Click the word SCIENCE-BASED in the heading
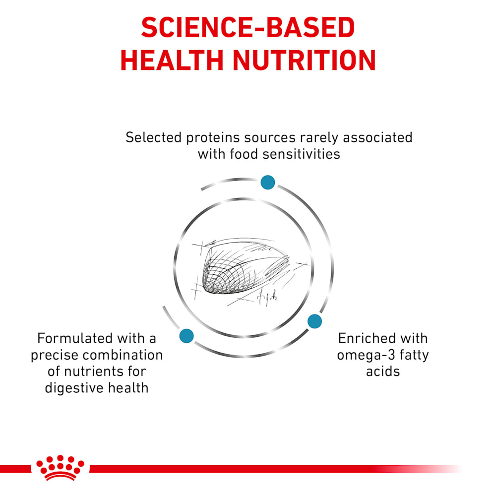248,27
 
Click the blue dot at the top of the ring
268,182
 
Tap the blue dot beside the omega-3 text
315,321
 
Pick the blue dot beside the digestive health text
186,336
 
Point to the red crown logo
60,468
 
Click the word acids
383,372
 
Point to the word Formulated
75,338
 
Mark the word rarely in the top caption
319,138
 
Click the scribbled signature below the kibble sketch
267,297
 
